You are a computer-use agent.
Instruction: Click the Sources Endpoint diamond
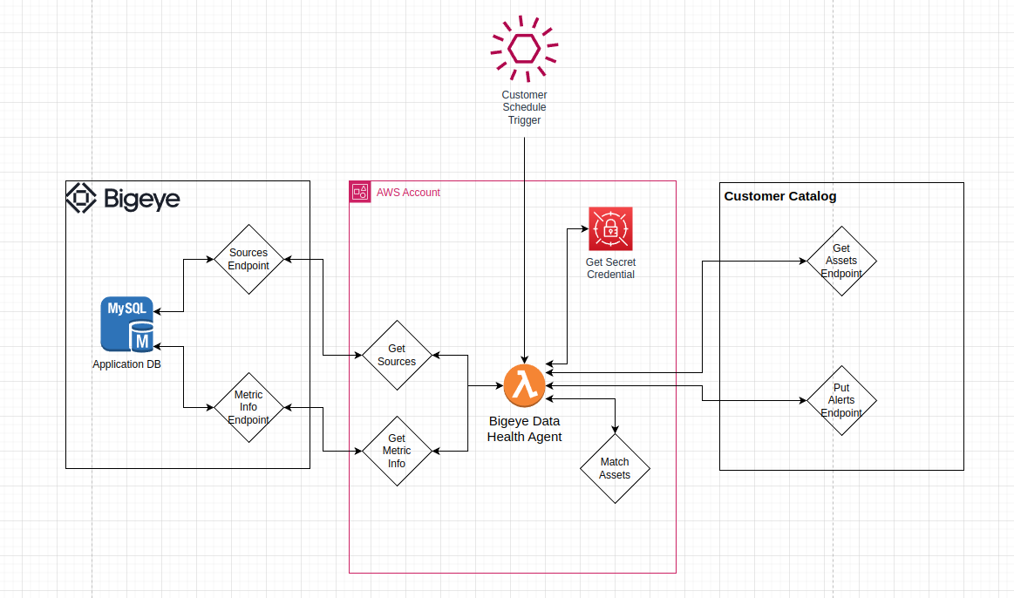[x=248, y=259]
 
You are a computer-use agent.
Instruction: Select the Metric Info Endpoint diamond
[x=248, y=407]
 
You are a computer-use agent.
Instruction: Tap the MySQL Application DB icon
[x=127, y=324]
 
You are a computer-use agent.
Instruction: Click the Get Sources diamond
[x=397, y=355]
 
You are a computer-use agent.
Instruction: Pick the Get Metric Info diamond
[x=397, y=451]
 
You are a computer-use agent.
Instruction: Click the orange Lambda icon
[x=524, y=385]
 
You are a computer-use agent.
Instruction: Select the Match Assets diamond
[x=615, y=468]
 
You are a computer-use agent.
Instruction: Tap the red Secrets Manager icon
[x=610, y=228]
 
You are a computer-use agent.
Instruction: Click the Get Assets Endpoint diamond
[x=841, y=261]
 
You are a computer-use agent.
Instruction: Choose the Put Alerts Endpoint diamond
[x=841, y=400]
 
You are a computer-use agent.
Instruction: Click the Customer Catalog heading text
[x=780, y=196]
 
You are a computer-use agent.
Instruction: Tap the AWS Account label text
[x=408, y=192]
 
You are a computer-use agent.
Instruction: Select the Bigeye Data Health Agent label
[x=524, y=428]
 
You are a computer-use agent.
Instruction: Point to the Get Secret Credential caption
[x=610, y=268]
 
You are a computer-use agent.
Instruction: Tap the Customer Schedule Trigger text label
[x=524, y=107]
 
